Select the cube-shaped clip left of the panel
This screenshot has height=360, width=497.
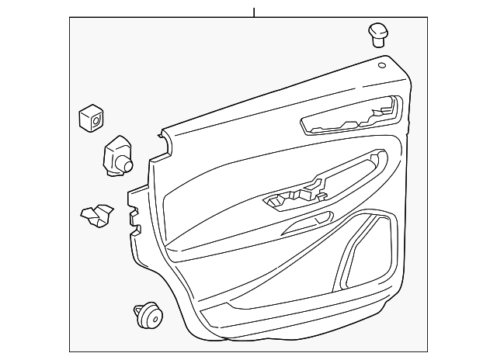coord(91,118)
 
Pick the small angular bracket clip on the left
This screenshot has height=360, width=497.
coord(96,216)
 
